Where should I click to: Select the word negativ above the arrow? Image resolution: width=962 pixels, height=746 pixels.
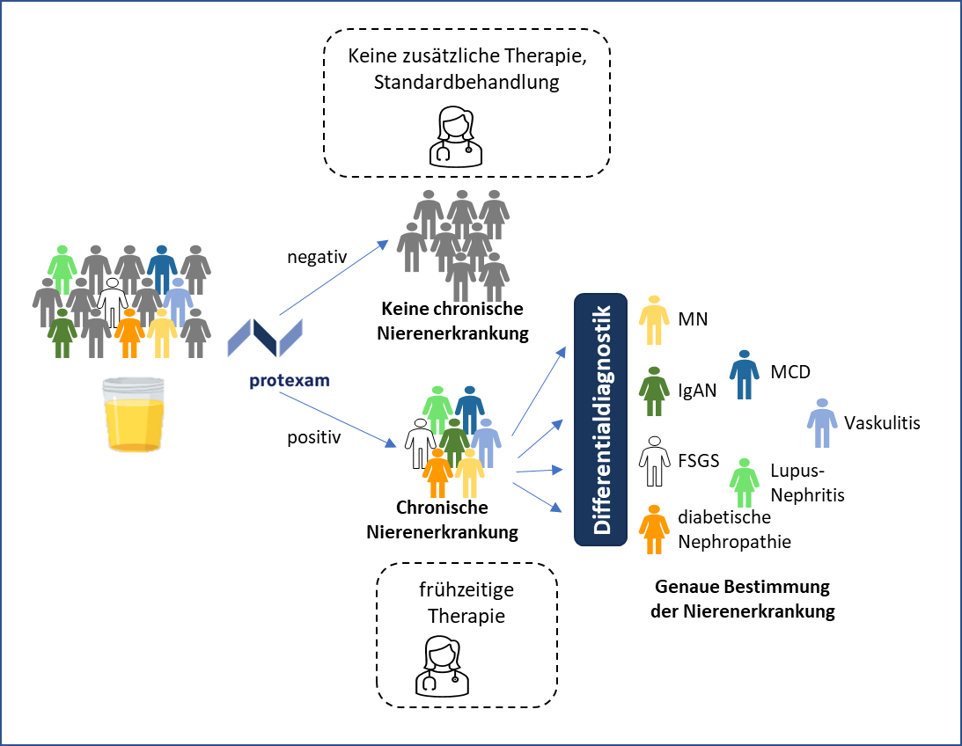click(317, 257)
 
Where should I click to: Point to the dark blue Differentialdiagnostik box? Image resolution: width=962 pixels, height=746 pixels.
click(600, 419)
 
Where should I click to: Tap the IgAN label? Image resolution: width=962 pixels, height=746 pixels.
click(696, 391)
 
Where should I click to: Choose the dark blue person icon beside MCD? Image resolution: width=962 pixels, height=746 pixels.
click(745, 374)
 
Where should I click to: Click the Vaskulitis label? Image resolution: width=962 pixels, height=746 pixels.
click(881, 423)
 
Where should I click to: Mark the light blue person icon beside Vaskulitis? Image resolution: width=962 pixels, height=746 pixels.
click(822, 424)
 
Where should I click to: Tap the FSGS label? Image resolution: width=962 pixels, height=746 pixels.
click(699, 460)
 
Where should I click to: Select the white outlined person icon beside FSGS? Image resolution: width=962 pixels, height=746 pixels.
click(654, 461)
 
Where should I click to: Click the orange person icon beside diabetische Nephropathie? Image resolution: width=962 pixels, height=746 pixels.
click(654, 529)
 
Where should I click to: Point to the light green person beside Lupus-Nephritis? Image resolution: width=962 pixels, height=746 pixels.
click(745, 482)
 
